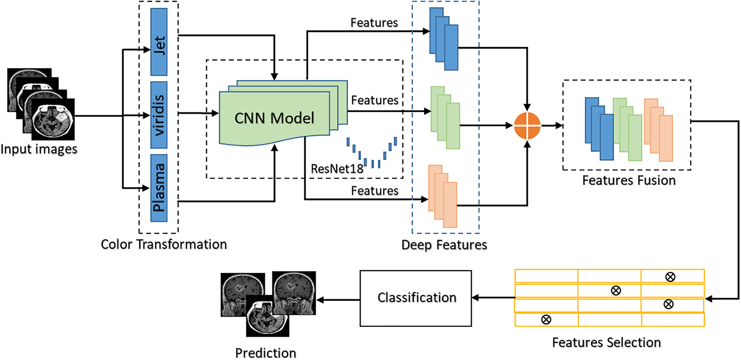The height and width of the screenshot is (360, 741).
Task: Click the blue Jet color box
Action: tap(159, 42)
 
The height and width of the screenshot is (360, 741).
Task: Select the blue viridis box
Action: tap(159, 115)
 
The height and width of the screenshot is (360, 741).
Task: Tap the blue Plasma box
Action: tap(159, 188)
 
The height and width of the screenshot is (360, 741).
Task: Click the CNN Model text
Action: tap(274, 118)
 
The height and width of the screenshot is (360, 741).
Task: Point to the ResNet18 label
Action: tap(337, 169)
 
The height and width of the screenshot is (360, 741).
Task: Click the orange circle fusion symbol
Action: tap(527, 126)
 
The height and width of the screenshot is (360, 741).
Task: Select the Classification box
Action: tap(416, 298)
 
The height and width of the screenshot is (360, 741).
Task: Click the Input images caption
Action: tap(39, 149)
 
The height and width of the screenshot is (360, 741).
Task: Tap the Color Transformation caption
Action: tap(164, 244)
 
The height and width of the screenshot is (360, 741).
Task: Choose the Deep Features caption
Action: tap(444, 245)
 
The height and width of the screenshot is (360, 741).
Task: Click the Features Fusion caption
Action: tap(629, 180)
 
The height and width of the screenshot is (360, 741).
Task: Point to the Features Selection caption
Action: tap(606, 342)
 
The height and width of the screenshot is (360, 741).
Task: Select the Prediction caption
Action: tap(265, 353)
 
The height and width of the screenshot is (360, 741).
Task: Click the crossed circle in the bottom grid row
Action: tap(546, 320)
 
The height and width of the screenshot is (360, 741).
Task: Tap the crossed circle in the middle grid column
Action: tap(616, 291)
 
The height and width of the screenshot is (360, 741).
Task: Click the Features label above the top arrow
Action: tap(374, 23)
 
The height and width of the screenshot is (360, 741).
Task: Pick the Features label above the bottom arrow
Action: tap(375, 191)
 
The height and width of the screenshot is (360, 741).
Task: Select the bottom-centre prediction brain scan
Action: tap(268, 316)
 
